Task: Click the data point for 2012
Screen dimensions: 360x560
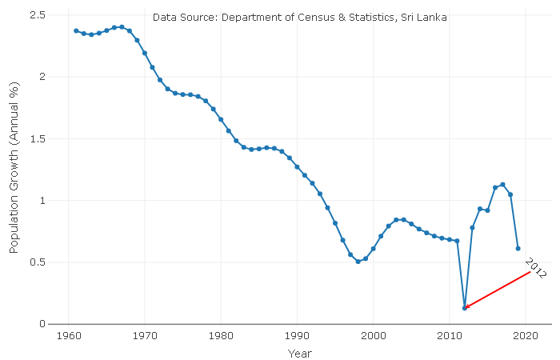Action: [x=465, y=308]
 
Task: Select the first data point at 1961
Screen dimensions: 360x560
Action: [x=76, y=30]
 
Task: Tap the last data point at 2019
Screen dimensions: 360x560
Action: [x=518, y=248]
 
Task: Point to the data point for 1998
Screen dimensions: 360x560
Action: [x=358, y=262]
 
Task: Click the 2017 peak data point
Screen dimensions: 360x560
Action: [x=502, y=184]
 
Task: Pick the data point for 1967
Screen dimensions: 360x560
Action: [x=122, y=26]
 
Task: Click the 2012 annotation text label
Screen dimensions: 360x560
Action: [x=535, y=268]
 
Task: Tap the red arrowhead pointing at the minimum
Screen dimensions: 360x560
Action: [x=467, y=306]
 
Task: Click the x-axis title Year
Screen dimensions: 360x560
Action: [x=300, y=353]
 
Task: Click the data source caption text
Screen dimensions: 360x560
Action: [x=300, y=16]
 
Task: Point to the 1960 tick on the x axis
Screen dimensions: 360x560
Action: [x=69, y=335]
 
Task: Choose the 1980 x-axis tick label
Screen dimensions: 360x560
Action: [x=221, y=335]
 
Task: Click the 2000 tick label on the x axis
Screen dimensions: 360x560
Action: [x=374, y=335]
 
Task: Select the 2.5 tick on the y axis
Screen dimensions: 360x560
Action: [x=36, y=15]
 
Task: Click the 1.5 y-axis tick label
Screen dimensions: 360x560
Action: [x=36, y=138]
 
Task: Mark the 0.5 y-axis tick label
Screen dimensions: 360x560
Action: [x=36, y=262]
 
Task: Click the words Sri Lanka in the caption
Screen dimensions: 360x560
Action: [x=425, y=16]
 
